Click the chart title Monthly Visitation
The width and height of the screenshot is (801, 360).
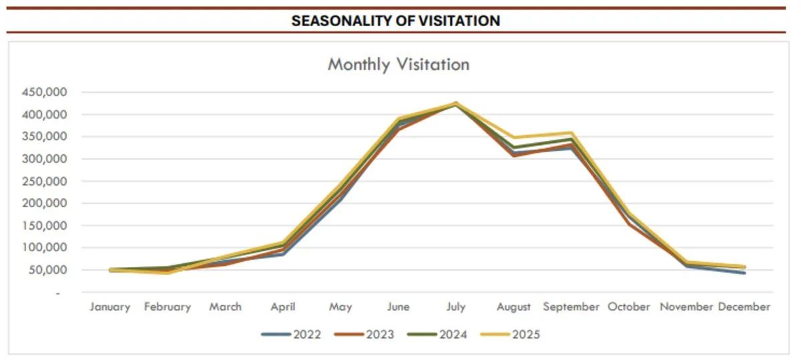point(398,65)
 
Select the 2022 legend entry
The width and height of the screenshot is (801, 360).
point(291,334)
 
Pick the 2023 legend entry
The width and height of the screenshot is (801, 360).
point(364,334)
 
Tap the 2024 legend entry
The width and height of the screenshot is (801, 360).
point(437,334)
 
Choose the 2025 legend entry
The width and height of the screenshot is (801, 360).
point(510,334)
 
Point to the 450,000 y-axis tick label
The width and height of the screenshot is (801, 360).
point(44,92)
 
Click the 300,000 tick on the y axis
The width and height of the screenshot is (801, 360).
point(44,158)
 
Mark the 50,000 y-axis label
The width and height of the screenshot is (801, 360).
point(48,269)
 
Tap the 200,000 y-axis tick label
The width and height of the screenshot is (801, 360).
point(44,203)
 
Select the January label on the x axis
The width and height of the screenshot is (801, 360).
point(109,307)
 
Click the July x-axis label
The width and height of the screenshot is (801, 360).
point(456,307)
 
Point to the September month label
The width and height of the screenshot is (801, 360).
point(571,307)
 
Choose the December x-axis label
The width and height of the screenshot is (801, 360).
point(744,307)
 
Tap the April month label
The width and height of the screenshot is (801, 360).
point(283,307)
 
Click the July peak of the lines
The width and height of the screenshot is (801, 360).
point(456,104)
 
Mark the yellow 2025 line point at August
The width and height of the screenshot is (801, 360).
point(514,138)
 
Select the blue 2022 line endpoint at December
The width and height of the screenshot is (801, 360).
point(744,273)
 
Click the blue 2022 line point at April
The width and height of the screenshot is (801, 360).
point(283,254)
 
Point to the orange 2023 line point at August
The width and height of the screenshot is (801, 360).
point(514,156)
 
